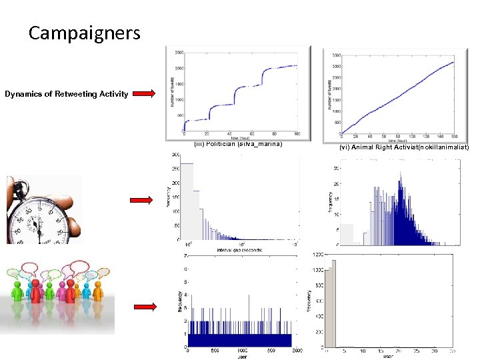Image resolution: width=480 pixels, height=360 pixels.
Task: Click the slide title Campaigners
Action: tap(84, 33)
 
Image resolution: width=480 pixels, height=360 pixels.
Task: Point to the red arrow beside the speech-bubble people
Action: tap(145, 307)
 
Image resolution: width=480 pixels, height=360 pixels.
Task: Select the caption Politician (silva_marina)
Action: tap(238, 143)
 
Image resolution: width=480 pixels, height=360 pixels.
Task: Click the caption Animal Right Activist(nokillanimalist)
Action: tap(403, 147)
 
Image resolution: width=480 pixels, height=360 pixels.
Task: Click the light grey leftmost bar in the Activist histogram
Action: tap(347, 234)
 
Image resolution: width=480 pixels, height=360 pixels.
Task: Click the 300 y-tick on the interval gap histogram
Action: tap(176, 155)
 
